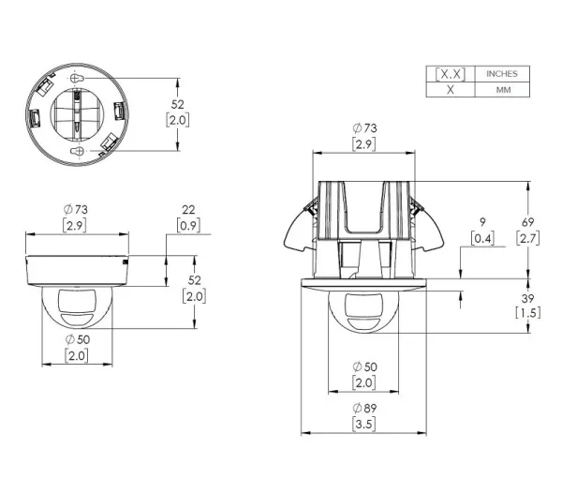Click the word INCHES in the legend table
(x=502, y=73)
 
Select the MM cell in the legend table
(x=502, y=89)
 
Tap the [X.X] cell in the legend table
(x=451, y=74)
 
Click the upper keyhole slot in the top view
(x=77, y=78)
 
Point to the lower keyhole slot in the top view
(x=77, y=151)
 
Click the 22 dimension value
(x=188, y=209)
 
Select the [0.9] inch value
(x=188, y=226)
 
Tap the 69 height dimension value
(x=527, y=222)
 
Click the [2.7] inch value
(x=527, y=238)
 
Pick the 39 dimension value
(x=527, y=298)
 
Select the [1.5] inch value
(x=527, y=313)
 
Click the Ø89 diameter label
(x=364, y=408)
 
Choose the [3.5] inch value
(x=363, y=425)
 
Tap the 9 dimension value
(x=482, y=222)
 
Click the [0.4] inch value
(x=482, y=238)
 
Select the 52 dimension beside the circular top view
(x=177, y=104)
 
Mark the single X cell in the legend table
(x=451, y=89)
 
